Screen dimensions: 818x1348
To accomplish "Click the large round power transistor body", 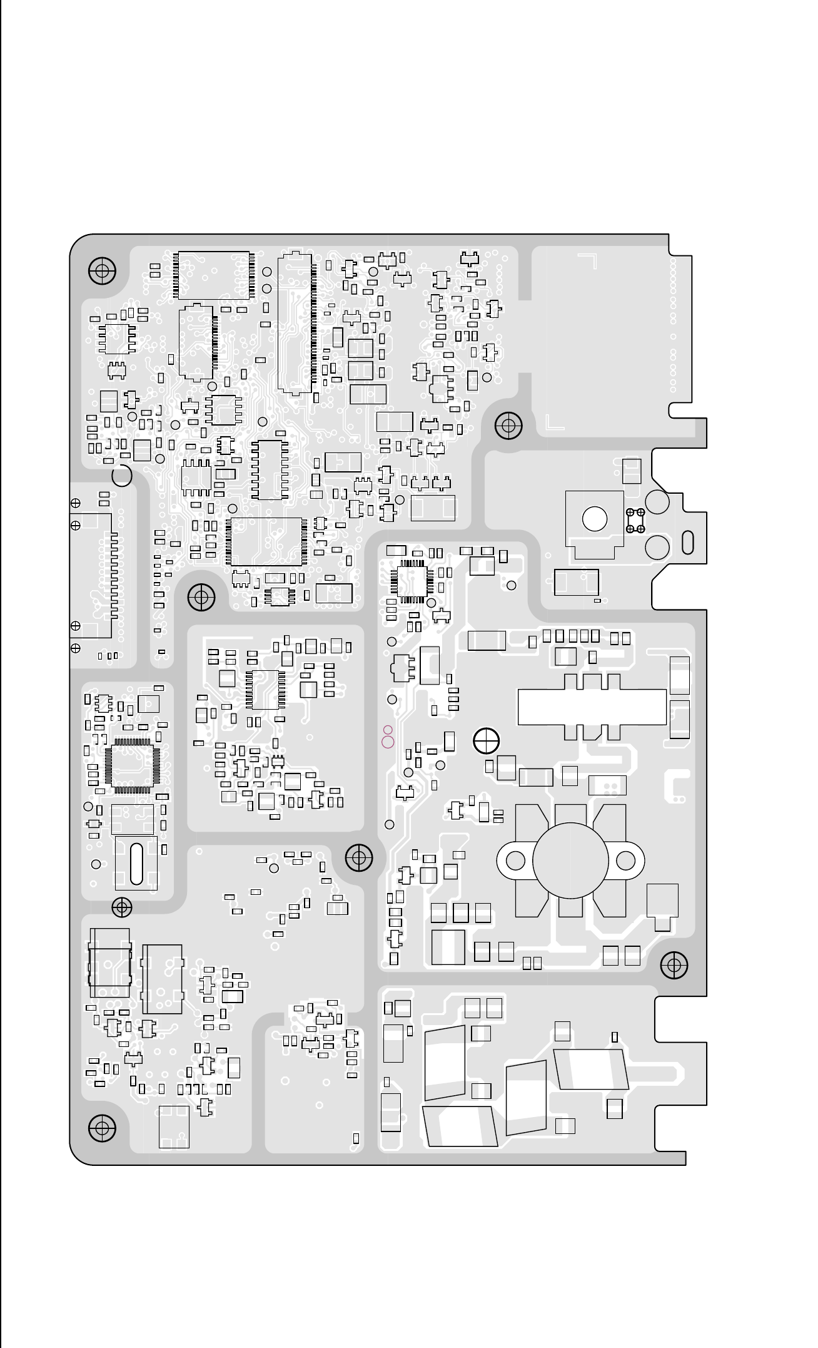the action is coord(570,860).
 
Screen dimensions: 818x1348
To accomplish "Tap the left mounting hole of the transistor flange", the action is coord(515,860).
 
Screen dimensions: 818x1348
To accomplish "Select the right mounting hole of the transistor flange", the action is coord(625,860).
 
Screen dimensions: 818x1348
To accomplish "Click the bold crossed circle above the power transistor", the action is coord(486,742).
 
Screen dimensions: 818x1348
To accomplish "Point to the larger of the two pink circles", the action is coord(388,742).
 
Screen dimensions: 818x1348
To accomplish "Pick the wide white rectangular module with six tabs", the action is coord(592,707).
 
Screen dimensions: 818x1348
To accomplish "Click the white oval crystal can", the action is coord(136,864).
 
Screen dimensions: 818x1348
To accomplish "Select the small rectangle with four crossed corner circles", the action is coord(635,521).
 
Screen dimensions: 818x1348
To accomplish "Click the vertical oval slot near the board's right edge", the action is coord(688,542).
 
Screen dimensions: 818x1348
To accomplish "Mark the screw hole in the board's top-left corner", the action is coord(102,271).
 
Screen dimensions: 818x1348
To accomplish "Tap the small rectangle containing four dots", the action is coord(607,785).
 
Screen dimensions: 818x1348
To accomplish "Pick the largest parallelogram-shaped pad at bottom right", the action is coord(591,1069).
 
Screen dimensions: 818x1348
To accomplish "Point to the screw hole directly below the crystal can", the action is coord(121,906).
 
